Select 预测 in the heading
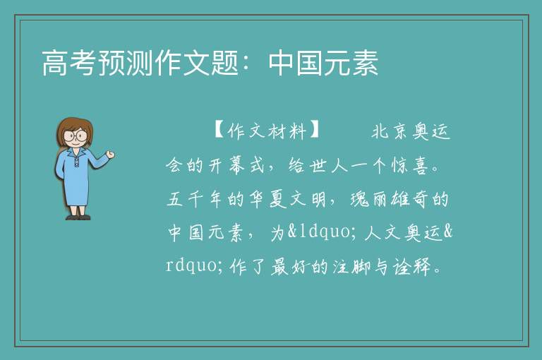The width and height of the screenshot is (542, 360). [x=126, y=63]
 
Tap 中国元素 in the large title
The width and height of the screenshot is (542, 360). [x=323, y=63]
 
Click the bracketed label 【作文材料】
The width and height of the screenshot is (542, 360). [x=267, y=131]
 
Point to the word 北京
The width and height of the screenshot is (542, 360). [x=390, y=131]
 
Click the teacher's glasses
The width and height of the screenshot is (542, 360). [x=76, y=136]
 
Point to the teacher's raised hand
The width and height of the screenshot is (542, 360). [x=110, y=155]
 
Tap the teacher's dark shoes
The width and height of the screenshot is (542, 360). [x=78, y=217]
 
